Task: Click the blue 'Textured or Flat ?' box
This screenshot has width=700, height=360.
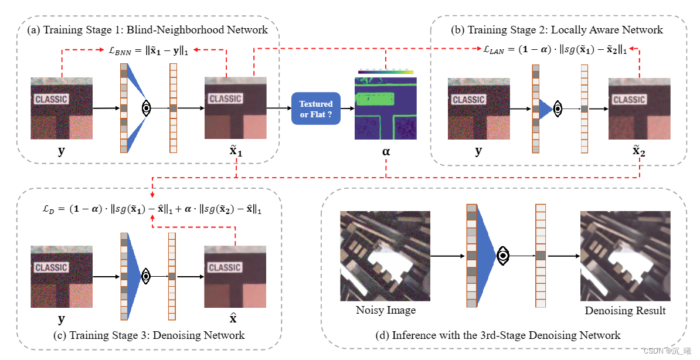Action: tap(315, 108)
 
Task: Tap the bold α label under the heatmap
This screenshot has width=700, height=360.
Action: tap(386, 152)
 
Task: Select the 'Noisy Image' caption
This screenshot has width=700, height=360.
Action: tap(385, 310)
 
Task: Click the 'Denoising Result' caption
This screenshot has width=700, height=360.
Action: tap(625, 310)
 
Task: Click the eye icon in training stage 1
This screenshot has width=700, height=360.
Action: tap(147, 108)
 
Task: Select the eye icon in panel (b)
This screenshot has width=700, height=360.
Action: tap(558, 108)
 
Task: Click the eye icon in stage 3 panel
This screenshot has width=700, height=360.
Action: tap(147, 276)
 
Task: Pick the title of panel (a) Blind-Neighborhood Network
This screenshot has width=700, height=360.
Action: tap(147, 29)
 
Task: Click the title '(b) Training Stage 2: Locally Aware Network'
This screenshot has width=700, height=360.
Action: tap(557, 29)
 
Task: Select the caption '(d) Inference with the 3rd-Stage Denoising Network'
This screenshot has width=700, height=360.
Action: tap(497, 335)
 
